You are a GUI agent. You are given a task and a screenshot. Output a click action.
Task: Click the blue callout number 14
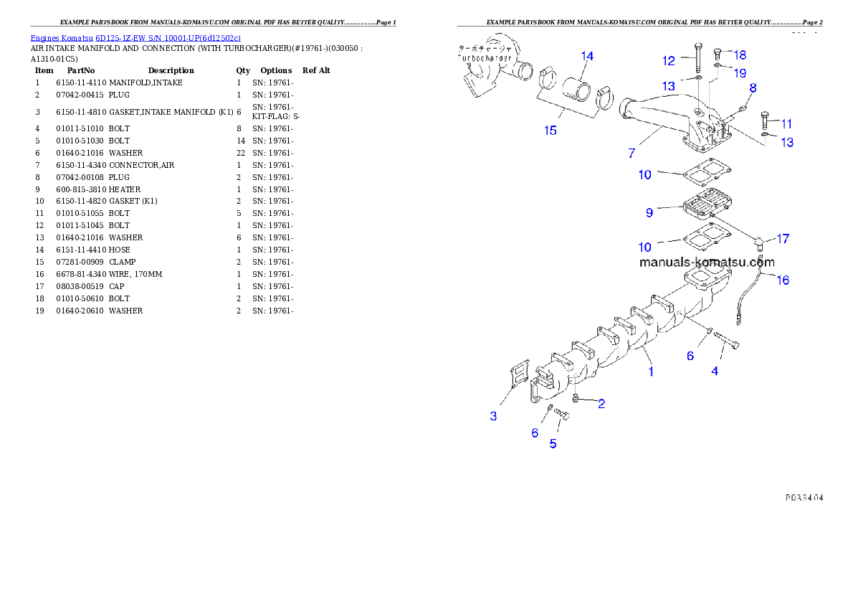click(x=587, y=56)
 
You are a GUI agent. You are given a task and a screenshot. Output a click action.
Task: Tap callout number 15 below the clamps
click(x=550, y=131)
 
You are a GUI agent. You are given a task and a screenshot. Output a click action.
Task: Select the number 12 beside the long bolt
click(x=668, y=61)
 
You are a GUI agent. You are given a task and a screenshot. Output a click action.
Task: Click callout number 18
click(x=740, y=55)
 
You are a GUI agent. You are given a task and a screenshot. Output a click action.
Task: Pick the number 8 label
click(x=753, y=88)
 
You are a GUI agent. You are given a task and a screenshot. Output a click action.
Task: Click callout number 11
click(x=786, y=124)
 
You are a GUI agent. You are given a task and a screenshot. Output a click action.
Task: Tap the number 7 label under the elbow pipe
click(x=632, y=154)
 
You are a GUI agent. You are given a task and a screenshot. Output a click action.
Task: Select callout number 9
click(x=649, y=212)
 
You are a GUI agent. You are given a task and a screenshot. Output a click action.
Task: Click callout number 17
click(x=783, y=238)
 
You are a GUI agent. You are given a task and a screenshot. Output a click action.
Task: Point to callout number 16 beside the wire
click(x=783, y=280)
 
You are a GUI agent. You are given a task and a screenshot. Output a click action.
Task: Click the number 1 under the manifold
click(x=651, y=372)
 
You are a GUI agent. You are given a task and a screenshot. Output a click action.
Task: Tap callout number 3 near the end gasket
click(x=493, y=416)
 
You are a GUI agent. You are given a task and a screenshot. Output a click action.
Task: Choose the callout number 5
click(x=553, y=443)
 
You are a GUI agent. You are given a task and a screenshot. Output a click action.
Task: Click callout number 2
click(x=601, y=404)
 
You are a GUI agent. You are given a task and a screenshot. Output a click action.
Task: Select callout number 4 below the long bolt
click(x=715, y=371)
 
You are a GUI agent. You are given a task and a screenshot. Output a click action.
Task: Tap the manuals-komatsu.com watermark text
click(x=706, y=263)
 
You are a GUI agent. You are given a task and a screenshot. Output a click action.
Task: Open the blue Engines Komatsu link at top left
click(x=135, y=37)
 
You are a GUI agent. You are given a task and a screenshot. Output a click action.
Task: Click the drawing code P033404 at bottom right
click(x=803, y=496)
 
